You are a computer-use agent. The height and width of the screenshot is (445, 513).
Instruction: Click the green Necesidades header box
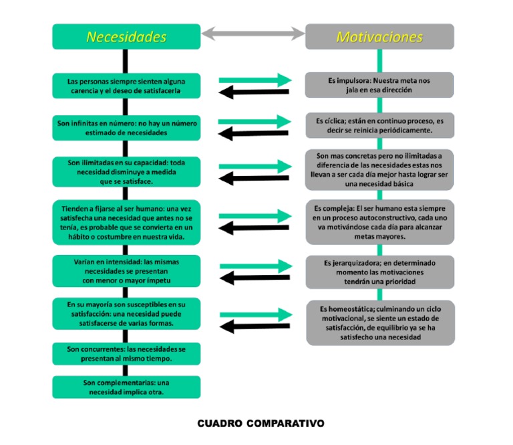126,37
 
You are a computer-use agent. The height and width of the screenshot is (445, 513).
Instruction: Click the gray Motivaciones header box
379,37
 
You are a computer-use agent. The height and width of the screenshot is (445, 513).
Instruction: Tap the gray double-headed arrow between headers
253,33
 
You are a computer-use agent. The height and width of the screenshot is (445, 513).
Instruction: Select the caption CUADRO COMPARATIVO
261,424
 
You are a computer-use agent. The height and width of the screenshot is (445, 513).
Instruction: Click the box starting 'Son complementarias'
126,387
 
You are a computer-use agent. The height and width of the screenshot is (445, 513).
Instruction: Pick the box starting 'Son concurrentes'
126,354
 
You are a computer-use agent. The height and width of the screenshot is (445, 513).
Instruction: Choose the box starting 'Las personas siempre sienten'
126,85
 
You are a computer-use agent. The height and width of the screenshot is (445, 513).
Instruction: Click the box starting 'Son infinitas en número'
126,128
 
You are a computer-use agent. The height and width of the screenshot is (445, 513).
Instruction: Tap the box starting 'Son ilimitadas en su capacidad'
126,171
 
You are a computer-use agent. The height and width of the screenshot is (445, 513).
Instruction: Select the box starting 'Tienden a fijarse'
126,222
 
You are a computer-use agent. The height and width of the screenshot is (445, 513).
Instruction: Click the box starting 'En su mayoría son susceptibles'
126,314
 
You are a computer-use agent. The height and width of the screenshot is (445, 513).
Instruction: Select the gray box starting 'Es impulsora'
379,84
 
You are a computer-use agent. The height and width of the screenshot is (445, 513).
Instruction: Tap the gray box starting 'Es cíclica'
379,125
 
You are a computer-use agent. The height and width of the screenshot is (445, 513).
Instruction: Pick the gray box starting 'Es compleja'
379,221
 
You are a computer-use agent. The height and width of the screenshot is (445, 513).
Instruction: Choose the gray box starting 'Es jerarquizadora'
379,272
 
